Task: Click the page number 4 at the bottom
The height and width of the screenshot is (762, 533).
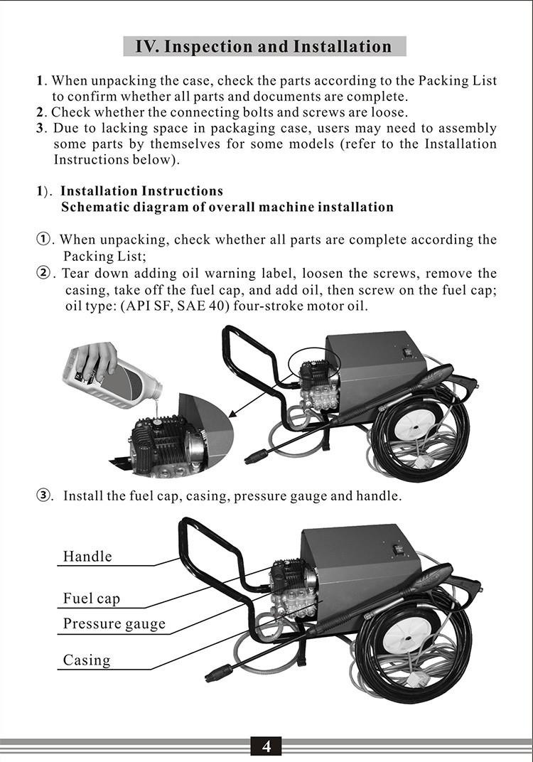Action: pyautogui.click(x=266, y=746)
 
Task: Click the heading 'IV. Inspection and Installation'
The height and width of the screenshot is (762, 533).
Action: pyautogui.click(x=264, y=47)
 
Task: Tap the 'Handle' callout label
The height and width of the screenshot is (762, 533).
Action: pyautogui.click(x=87, y=556)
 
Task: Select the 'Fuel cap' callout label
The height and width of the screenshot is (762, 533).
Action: pyautogui.click(x=92, y=599)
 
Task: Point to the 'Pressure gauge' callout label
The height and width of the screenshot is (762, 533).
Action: pyautogui.click(x=114, y=624)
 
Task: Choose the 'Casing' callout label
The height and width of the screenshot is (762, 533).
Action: pyautogui.click(x=87, y=660)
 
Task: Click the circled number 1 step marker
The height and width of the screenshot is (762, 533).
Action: pyautogui.click(x=44, y=240)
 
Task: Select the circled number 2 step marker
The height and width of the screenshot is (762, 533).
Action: pyautogui.click(x=44, y=274)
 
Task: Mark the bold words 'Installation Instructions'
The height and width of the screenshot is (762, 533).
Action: pyautogui.click(x=141, y=191)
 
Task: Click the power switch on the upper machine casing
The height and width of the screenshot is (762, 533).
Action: pyautogui.click(x=407, y=352)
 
